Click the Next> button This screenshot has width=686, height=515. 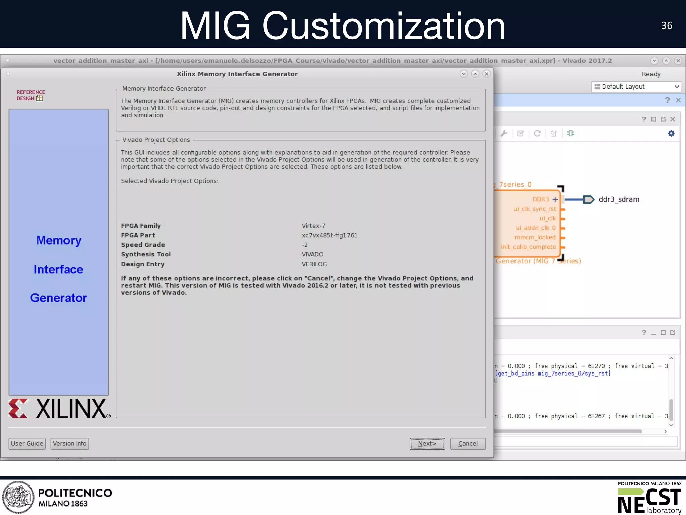[x=427, y=444]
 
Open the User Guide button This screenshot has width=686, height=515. [x=27, y=444]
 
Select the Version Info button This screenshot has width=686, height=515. [x=70, y=444]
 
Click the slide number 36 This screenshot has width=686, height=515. [x=667, y=25]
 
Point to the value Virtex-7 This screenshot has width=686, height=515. [x=313, y=226]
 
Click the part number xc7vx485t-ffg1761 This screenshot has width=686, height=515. [x=330, y=235]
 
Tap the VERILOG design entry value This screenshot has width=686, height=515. [x=314, y=264]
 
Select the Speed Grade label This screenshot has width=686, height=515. [x=143, y=245]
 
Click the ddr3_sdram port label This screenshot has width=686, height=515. [x=619, y=199]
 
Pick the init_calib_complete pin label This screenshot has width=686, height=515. [x=528, y=247]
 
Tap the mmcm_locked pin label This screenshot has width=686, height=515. [x=535, y=237]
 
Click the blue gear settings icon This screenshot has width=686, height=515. [x=671, y=133]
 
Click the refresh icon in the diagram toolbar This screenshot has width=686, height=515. [x=537, y=133]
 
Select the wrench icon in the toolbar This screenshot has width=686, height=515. [x=504, y=133]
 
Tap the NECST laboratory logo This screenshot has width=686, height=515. [x=649, y=498]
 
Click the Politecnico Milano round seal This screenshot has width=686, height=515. [x=18, y=497]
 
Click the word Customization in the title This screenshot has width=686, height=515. [x=384, y=26]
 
